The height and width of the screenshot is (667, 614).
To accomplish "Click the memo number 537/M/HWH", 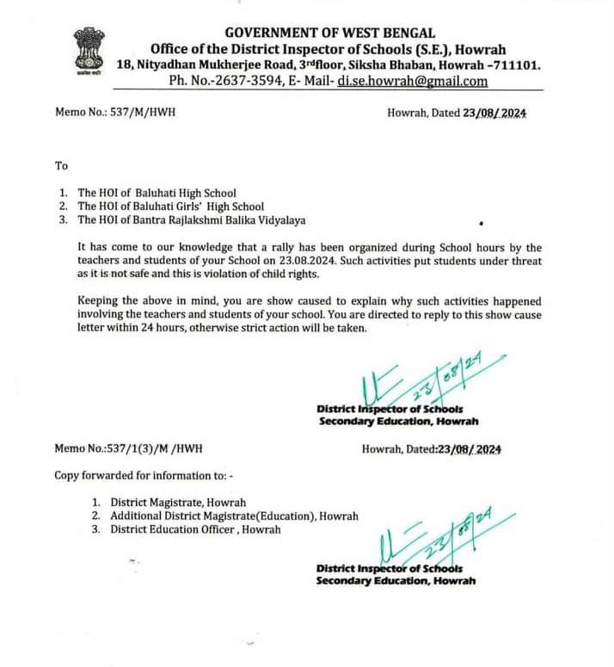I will click(x=139, y=112).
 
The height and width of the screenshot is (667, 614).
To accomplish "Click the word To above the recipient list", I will click(x=60, y=165).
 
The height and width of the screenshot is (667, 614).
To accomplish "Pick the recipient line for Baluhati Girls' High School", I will click(x=170, y=207).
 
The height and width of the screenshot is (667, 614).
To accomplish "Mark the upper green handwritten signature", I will click(x=413, y=380).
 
